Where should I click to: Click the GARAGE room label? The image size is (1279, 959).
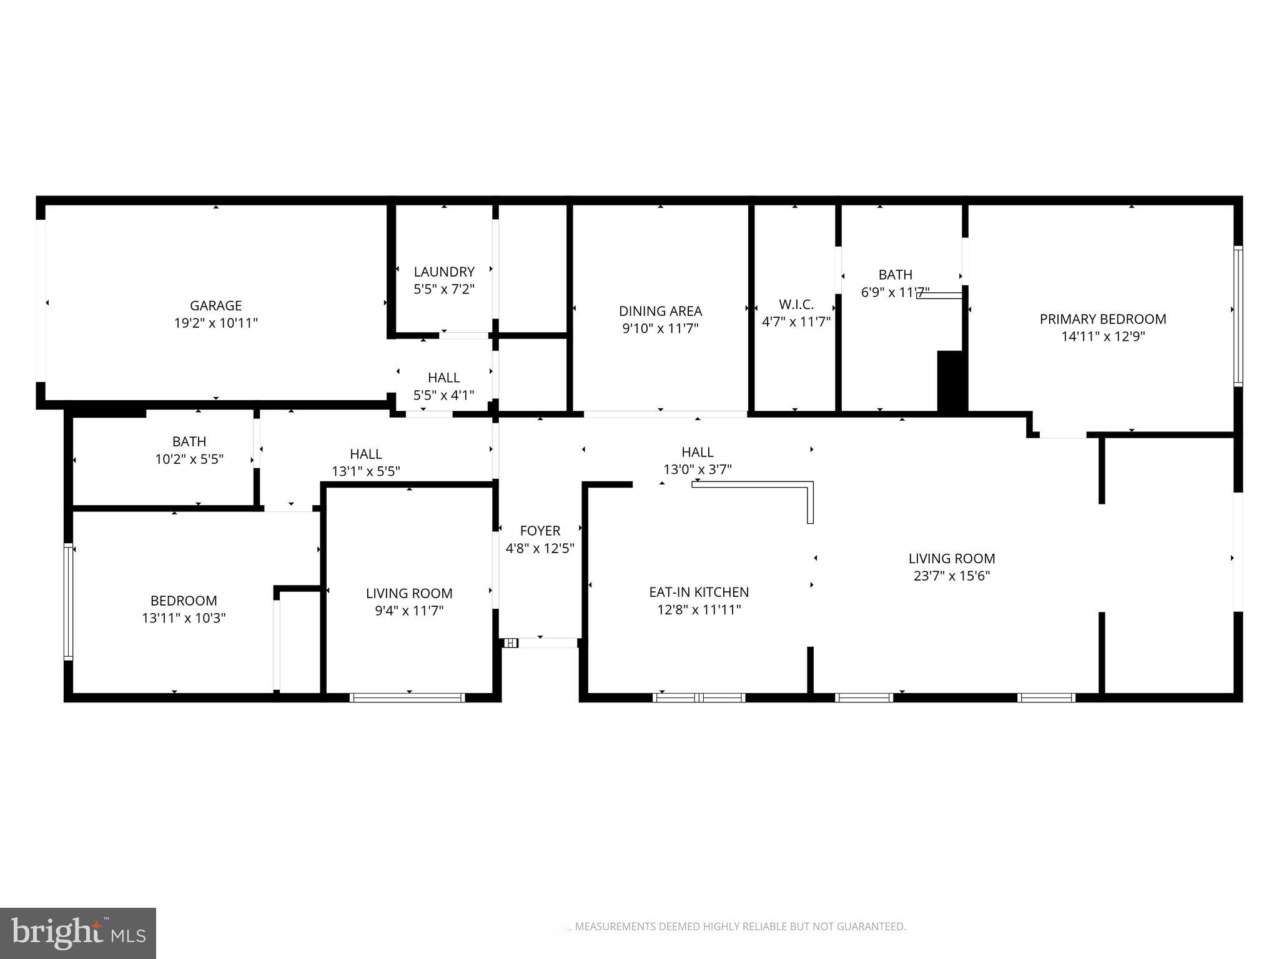215,305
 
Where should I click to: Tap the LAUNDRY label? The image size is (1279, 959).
444,272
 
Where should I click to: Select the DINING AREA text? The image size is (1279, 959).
660,311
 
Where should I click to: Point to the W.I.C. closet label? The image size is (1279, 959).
796,305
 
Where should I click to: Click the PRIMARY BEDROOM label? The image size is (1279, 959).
1102,319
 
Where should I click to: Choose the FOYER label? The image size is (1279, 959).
540,531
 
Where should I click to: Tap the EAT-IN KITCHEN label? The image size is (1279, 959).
699,592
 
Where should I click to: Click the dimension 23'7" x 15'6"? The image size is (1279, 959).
952,576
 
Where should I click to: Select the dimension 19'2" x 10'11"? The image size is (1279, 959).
215,323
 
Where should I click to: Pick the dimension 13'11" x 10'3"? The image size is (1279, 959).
184,618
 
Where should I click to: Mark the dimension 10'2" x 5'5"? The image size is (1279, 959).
189,459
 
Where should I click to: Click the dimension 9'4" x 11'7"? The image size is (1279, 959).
409,611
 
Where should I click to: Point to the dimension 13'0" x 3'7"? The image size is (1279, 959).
698,469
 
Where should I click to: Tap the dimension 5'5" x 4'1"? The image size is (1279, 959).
444,395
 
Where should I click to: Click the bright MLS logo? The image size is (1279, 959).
78,933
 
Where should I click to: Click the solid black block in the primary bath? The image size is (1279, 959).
952,381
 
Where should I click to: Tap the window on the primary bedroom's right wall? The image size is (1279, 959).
1238,315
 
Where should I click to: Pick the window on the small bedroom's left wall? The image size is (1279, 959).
69,602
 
